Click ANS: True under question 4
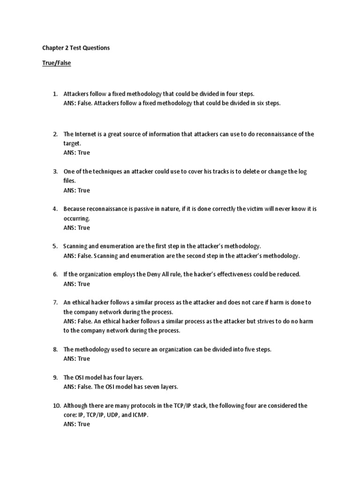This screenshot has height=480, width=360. point(76,228)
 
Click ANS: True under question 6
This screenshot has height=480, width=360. point(76,284)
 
